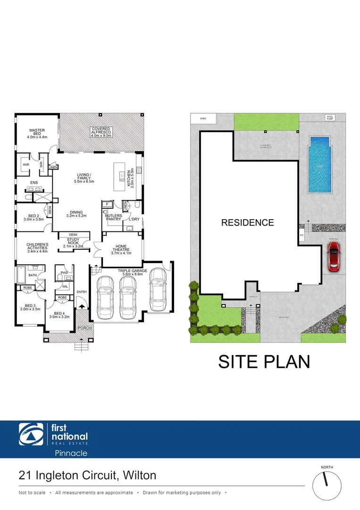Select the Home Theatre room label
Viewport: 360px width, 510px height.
click(x=121, y=249)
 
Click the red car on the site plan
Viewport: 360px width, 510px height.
click(x=334, y=257)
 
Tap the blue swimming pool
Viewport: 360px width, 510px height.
click(x=319, y=164)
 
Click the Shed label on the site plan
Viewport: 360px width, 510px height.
click(x=203, y=119)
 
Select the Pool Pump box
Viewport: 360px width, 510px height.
click(x=329, y=118)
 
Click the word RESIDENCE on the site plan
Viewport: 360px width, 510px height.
click(x=247, y=222)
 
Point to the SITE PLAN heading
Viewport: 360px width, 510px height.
click(x=264, y=361)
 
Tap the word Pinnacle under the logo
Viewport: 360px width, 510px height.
click(x=69, y=453)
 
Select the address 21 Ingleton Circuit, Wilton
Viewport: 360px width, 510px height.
click(x=87, y=475)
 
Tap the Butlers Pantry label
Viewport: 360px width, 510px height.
click(x=113, y=217)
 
